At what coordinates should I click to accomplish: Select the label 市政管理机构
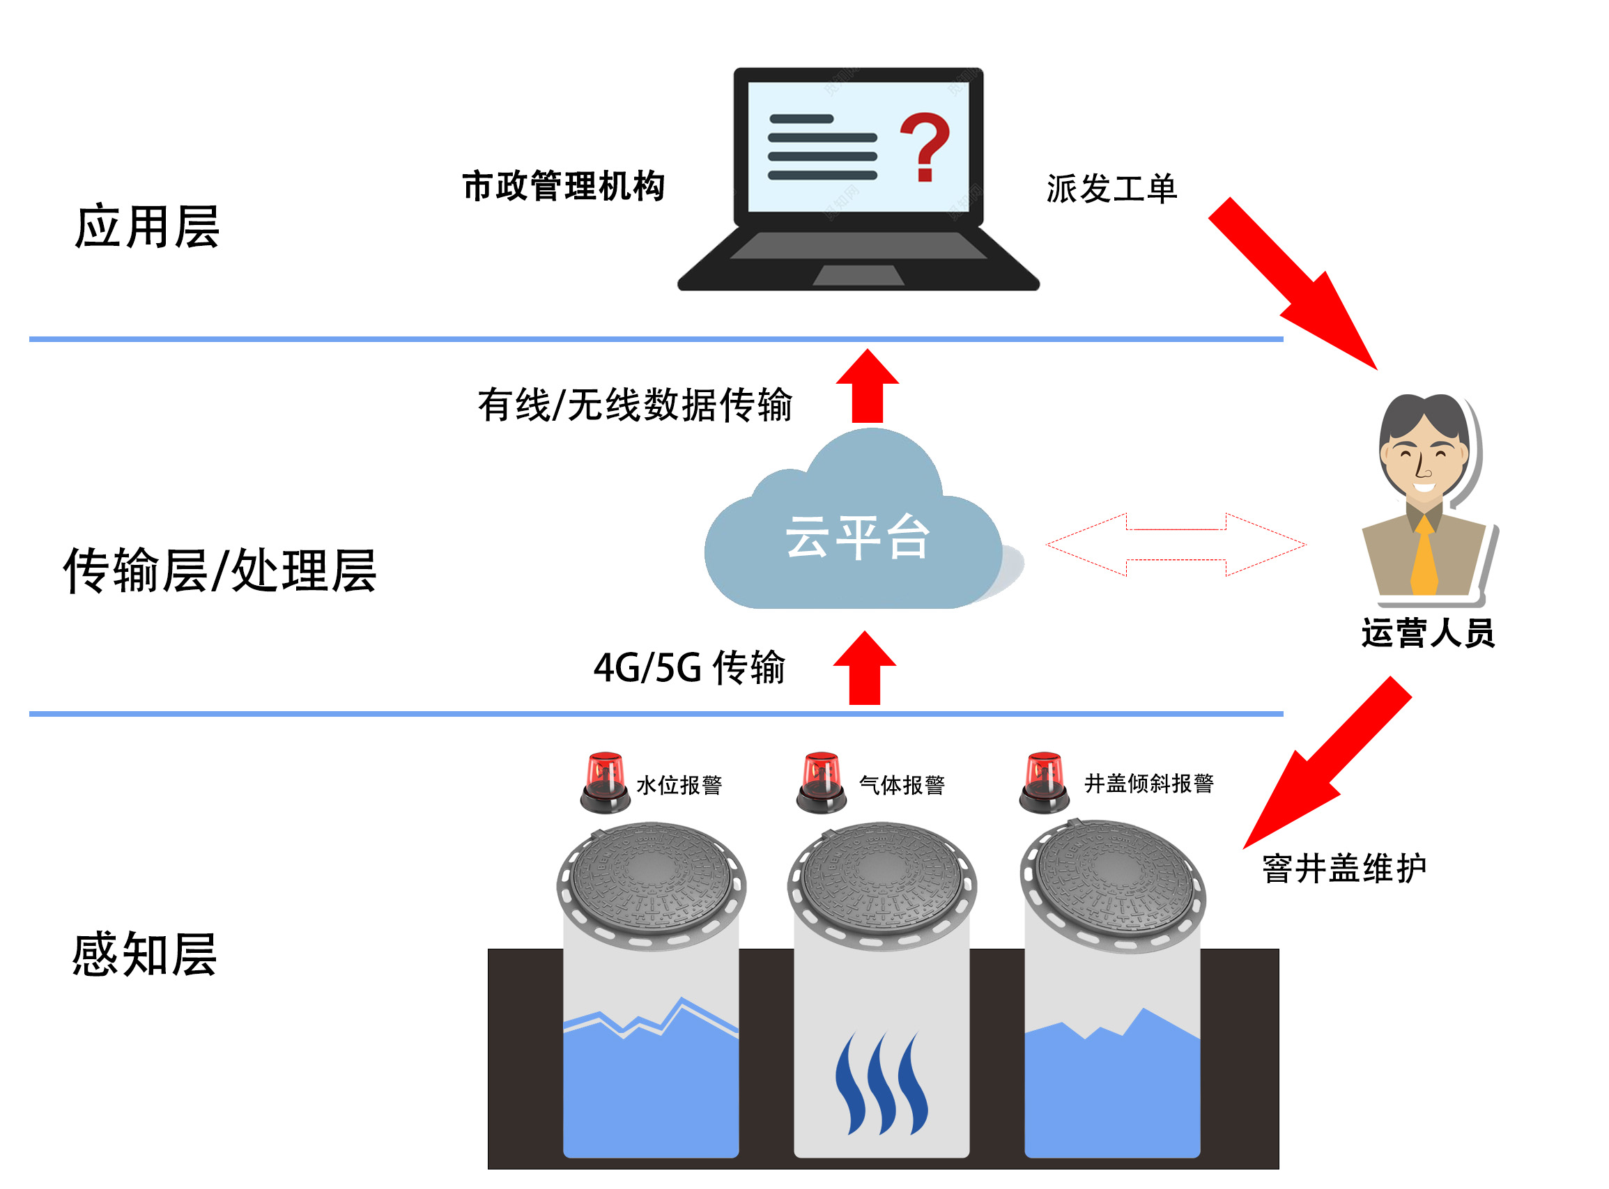click(563, 187)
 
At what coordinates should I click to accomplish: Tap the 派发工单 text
click(1111, 189)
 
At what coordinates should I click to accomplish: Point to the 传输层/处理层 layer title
click(220, 570)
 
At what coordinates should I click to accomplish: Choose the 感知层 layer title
click(144, 954)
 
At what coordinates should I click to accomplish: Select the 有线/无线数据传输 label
click(634, 405)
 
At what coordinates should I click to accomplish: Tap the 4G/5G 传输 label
click(688, 667)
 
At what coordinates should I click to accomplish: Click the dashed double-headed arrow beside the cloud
click(1175, 544)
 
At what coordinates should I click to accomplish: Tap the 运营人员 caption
click(1428, 633)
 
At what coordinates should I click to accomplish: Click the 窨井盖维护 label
click(1344, 868)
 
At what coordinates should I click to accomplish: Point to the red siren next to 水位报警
click(605, 782)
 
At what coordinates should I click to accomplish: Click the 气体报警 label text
click(901, 784)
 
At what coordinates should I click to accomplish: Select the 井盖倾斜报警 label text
click(1148, 783)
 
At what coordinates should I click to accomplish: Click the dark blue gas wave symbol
click(882, 1084)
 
